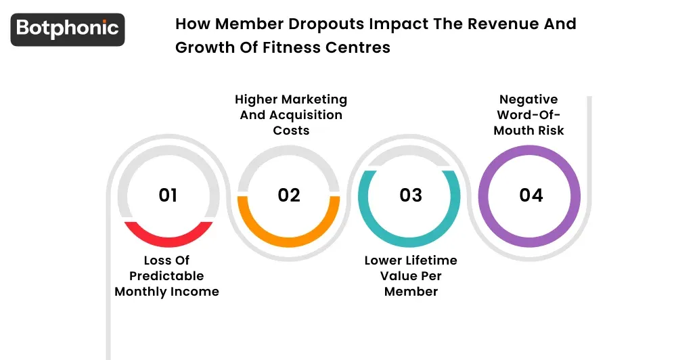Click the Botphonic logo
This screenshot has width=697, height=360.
68,29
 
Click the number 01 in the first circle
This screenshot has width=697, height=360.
168,195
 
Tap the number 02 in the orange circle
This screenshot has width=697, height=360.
289,195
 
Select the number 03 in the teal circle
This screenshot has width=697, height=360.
411,195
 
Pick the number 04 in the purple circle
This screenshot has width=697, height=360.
531,195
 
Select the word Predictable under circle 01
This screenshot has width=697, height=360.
166,276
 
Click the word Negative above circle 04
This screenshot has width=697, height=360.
529,99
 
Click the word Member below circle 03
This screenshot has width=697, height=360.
411,292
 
